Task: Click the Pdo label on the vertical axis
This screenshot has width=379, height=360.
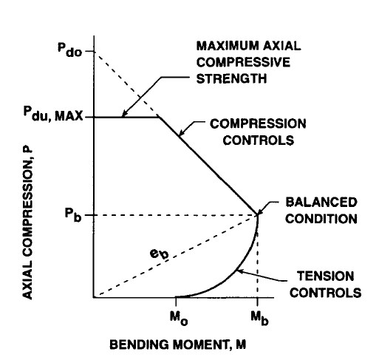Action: pyautogui.click(x=69, y=50)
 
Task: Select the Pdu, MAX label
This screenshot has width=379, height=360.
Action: pyautogui.click(x=53, y=114)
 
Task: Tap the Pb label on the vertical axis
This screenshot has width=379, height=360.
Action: pyautogui.click(x=73, y=214)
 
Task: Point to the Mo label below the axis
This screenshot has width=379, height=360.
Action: pyautogui.click(x=179, y=318)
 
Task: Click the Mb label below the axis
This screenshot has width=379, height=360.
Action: pyautogui.click(x=259, y=318)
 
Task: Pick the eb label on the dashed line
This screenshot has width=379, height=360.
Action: pyautogui.click(x=160, y=254)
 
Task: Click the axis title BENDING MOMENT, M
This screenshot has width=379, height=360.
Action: pyautogui.click(x=177, y=344)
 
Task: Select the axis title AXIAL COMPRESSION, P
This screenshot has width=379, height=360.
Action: pyautogui.click(x=27, y=224)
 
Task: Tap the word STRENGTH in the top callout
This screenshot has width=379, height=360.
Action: pyautogui.click(x=231, y=78)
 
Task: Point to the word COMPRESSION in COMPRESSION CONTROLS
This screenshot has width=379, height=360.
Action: pyautogui.click(x=258, y=123)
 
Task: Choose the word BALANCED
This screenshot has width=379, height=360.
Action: pyautogui.click(x=321, y=203)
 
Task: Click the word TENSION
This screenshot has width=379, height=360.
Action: pyautogui.click(x=325, y=276)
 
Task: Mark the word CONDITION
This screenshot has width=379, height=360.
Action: pyautogui.click(x=321, y=219)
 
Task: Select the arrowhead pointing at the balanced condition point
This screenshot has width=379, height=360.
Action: pyautogui.click(x=260, y=211)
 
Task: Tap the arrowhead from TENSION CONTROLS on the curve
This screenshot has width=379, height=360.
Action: pyautogui.click(x=241, y=271)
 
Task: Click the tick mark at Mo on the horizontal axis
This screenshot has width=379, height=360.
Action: pyautogui.click(x=176, y=301)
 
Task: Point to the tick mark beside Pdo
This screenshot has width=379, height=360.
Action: pyautogui.click(x=90, y=51)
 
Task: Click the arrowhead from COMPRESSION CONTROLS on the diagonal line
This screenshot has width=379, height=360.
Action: pyautogui.click(x=182, y=133)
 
